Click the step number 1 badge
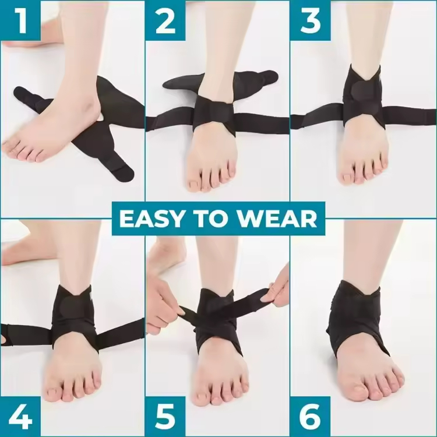[20, 21]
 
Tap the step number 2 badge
[165, 21]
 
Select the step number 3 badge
[311, 21]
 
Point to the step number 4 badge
[20, 417]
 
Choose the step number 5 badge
[165, 417]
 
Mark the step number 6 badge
[311, 417]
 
